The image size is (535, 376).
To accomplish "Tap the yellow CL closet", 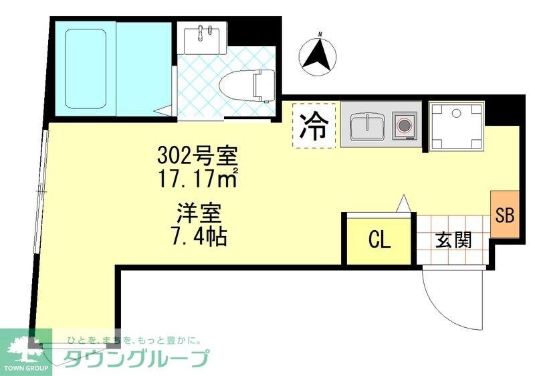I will pyautogui.click(x=379, y=240).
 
